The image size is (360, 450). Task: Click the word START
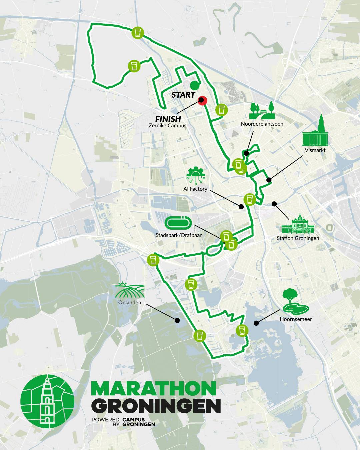click(x=183, y=95)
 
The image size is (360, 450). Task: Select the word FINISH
click(x=168, y=119)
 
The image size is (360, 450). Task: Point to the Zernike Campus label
click(x=167, y=126)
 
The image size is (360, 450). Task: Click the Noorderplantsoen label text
click(x=262, y=124)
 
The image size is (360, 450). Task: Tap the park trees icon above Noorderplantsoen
click(x=262, y=111)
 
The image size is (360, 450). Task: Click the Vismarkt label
click(x=315, y=150)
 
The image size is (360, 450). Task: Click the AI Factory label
click(x=195, y=189)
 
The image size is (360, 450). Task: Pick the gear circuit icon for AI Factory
click(x=196, y=175)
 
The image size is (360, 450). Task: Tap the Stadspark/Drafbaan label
click(x=179, y=235)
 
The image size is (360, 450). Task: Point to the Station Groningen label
click(x=298, y=238)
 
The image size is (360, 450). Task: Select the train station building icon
click(x=298, y=224)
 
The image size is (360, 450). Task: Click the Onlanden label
click(x=130, y=303)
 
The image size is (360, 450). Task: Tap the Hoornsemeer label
click(x=296, y=319)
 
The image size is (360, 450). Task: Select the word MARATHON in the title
click(x=154, y=388)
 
